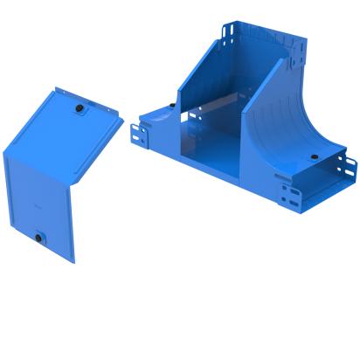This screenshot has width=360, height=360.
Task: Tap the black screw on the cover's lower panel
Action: (x=40, y=236)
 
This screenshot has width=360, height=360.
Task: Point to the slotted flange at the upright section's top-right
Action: (x=302, y=58)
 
